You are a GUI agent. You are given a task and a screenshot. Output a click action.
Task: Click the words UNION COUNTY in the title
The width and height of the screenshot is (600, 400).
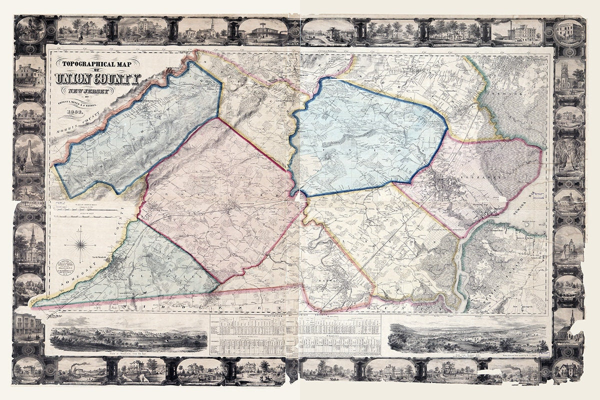[98, 78]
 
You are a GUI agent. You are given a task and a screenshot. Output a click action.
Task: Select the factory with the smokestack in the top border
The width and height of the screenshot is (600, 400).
[520, 31]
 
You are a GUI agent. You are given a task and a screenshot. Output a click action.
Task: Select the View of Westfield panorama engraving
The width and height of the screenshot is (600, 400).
[128, 335]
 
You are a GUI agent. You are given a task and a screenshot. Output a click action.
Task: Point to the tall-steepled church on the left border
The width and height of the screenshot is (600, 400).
[29, 244]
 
